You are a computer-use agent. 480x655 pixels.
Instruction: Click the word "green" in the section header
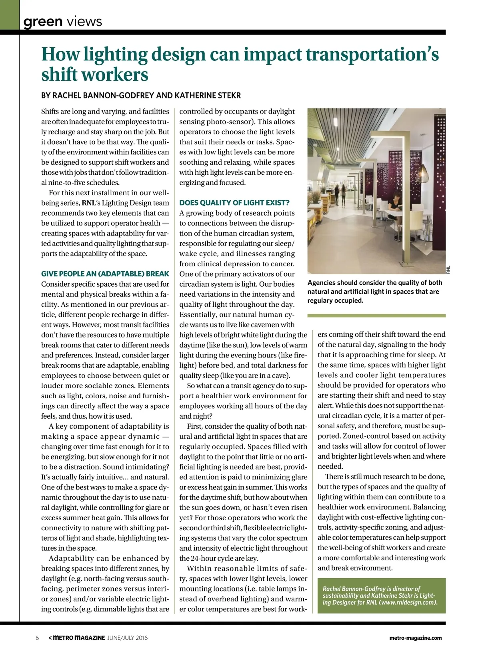(x=43, y=21)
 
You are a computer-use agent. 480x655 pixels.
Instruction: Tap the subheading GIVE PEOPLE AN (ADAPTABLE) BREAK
(x=105, y=274)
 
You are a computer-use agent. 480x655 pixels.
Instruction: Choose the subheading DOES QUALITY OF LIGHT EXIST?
(x=234, y=203)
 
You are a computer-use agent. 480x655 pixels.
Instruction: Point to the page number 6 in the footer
(x=37, y=638)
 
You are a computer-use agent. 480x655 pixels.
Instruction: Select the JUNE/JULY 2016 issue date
(x=128, y=638)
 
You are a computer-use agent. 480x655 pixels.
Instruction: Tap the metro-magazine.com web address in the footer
(x=415, y=638)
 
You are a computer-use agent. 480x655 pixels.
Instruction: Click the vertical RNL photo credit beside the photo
(x=448, y=270)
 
